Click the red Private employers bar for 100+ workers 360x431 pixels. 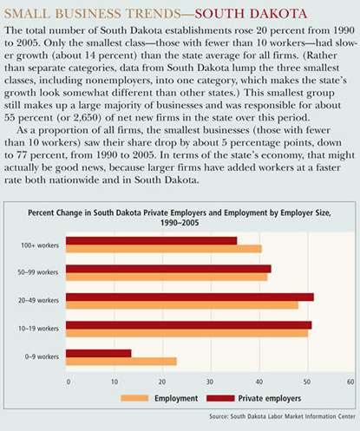(x=151, y=241)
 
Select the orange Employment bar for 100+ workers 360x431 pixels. (x=164, y=249)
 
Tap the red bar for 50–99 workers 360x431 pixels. (x=168, y=269)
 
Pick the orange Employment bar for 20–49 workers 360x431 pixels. (x=182, y=305)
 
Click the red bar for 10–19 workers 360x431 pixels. (x=189, y=325)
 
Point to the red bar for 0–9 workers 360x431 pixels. (x=99, y=353)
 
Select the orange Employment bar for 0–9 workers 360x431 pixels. (x=121, y=362)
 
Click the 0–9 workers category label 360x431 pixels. (x=42, y=356)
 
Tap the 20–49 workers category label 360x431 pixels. (x=38, y=300)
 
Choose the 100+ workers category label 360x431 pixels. (x=40, y=245)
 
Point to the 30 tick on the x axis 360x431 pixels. (x=210, y=382)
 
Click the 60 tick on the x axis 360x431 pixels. (x=350, y=382)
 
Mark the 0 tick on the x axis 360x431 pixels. (x=69, y=382)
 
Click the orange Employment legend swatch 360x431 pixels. (x=134, y=398)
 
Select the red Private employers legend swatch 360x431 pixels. (x=220, y=398)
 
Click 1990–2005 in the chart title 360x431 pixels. (x=180, y=223)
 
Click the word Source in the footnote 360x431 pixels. (x=219, y=416)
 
